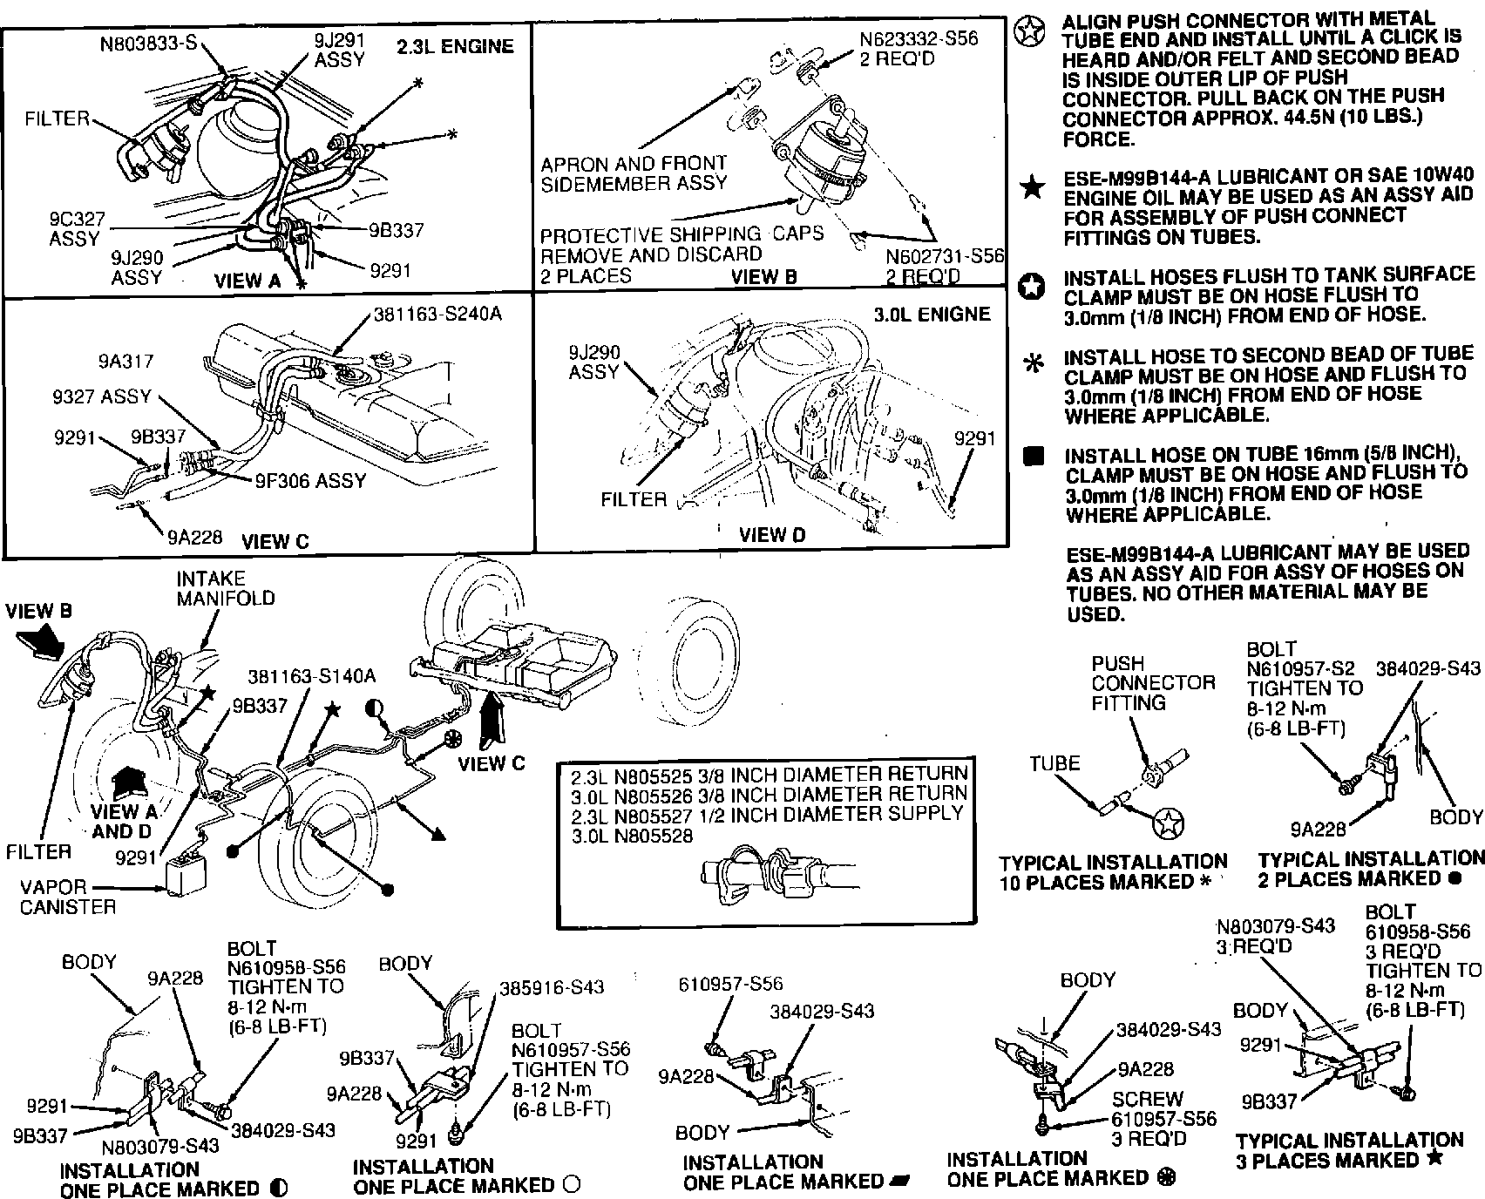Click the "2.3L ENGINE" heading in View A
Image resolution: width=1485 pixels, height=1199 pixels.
(455, 46)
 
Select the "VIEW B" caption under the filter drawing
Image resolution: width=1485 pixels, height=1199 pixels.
(764, 277)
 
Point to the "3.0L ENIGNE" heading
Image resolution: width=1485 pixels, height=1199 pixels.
(932, 314)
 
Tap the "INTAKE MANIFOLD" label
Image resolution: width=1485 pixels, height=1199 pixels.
(225, 588)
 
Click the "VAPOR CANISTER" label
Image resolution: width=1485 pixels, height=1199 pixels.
(67, 898)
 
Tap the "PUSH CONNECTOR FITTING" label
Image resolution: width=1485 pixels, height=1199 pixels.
(1152, 683)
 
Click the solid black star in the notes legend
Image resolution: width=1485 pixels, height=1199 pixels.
(1033, 187)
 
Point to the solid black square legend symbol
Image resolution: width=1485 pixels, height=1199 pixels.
(1033, 457)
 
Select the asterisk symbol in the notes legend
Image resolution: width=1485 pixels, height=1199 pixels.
(1034, 363)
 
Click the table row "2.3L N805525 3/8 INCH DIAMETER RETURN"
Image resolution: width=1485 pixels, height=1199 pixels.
(768, 774)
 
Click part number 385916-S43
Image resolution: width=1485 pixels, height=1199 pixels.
(551, 987)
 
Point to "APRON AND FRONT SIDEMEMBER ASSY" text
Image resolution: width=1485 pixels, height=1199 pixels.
(634, 173)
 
